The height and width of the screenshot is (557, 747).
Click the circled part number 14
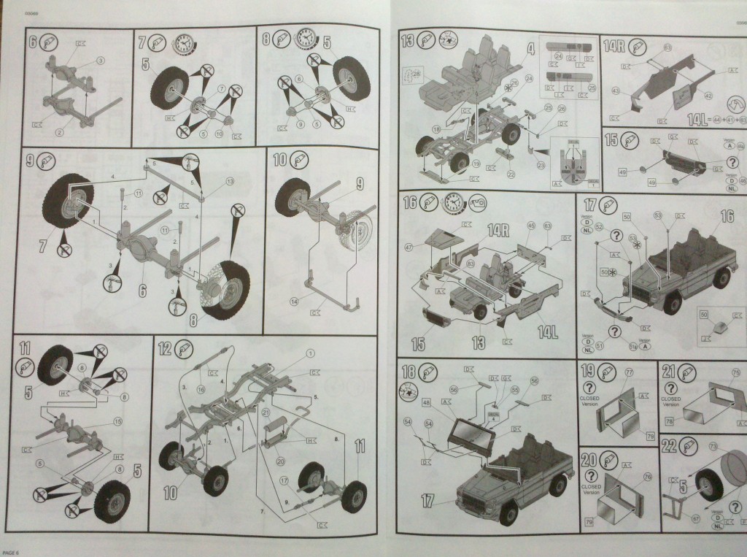click(x=294, y=300)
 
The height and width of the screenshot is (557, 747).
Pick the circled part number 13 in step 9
click(x=230, y=181)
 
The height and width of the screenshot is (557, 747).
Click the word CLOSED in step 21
click(x=672, y=399)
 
